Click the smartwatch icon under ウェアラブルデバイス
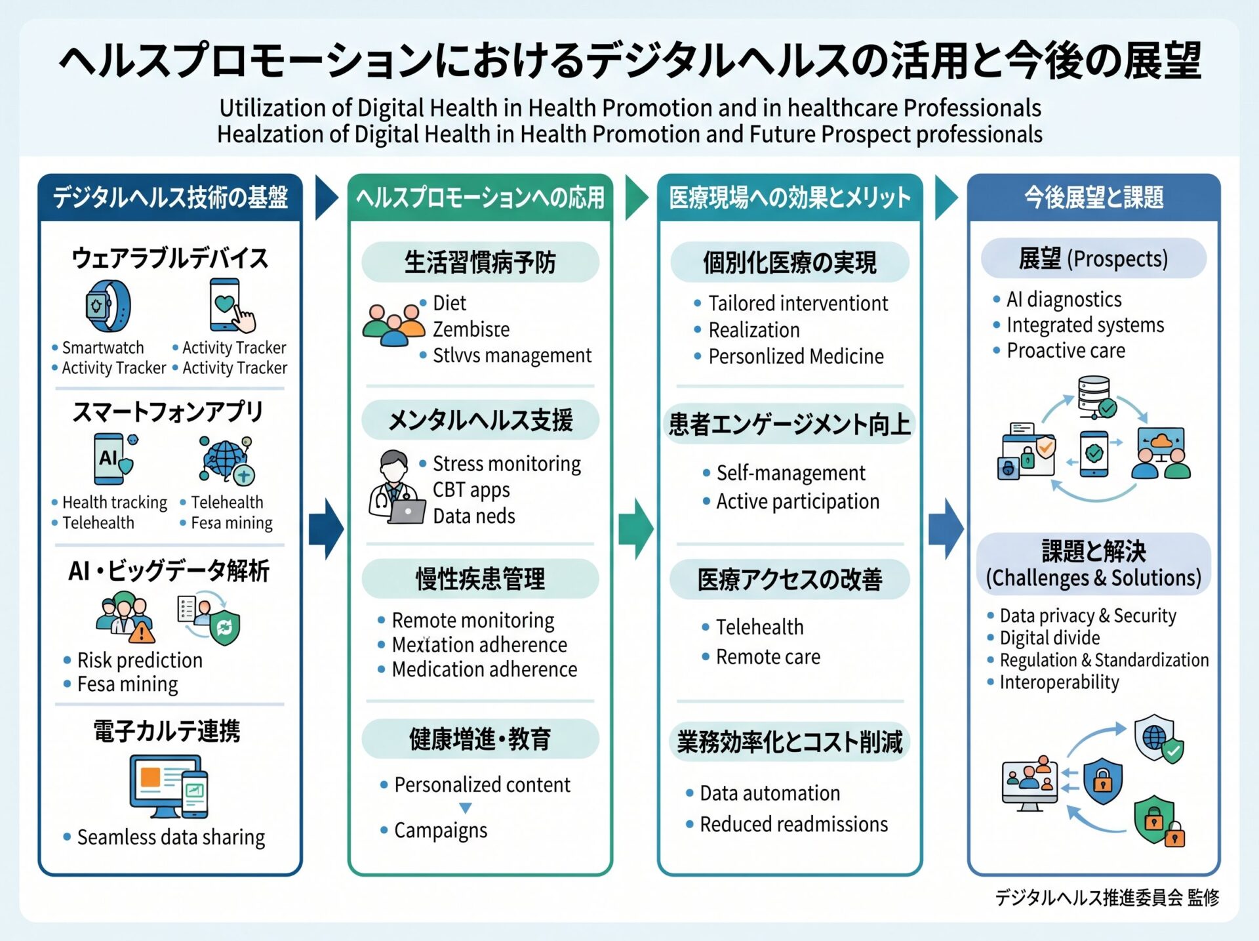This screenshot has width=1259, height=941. (108, 306)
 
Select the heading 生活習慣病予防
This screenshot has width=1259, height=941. (480, 262)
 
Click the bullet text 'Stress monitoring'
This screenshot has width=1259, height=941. (507, 463)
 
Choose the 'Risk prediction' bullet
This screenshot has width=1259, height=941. (140, 659)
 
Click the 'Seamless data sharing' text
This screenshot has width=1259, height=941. (171, 837)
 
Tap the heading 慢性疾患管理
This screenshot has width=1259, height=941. (480, 579)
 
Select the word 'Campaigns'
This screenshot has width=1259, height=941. (441, 831)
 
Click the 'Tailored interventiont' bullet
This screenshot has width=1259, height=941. (798, 303)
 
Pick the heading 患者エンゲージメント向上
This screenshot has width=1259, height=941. (789, 424)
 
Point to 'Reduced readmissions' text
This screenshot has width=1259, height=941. (793, 824)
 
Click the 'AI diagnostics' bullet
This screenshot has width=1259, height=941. (1064, 299)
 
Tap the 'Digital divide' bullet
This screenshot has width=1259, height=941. (1049, 637)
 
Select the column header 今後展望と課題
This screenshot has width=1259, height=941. (1094, 197)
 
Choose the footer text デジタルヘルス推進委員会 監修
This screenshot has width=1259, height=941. (1107, 897)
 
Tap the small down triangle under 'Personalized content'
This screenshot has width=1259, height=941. (466, 808)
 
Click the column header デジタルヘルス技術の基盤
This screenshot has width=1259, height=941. (170, 197)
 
